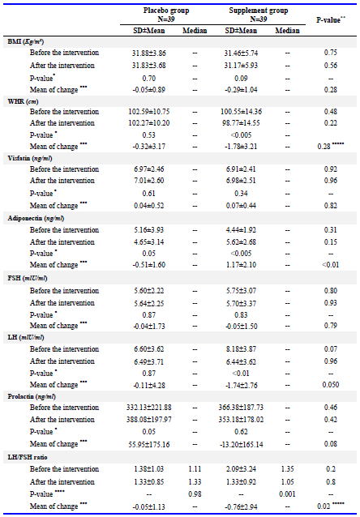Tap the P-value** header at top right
[x=331, y=19]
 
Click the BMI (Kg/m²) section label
[x=26, y=42]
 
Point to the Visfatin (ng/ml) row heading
[x=30, y=159]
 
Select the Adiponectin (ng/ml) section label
[x=36, y=218]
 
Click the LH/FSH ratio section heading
[x=28, y=457]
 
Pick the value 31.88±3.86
[x=149, y=53]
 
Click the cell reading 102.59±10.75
[x=149, y=112]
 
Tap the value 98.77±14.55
[x=241, y=123]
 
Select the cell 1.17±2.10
[x=241, y=265]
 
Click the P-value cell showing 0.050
[x=331, y=385]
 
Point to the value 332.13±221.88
[x=149, y=408]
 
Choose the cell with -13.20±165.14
[x=241, y=444]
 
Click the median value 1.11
[x=195, y=469]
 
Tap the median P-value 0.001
[x=287, y=494]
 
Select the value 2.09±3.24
[x=241, y=469]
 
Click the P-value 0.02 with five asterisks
[x=332, y=506]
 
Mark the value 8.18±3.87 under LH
[x=241, y=349]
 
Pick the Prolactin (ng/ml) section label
[x=32, y=396]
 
